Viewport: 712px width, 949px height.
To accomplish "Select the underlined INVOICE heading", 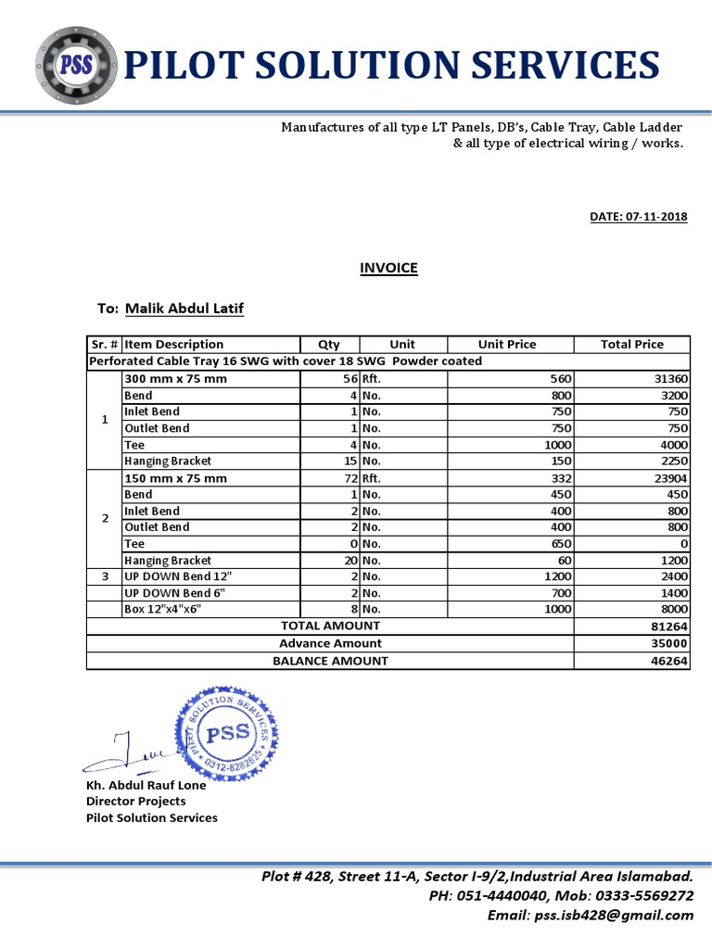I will pos(388,268).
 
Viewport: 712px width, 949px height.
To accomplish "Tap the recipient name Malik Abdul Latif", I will pos(184,308).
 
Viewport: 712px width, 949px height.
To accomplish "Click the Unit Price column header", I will pos(507,344).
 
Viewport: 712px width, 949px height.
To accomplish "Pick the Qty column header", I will pos(329,344).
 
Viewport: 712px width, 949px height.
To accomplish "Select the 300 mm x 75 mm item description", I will pos(175,378).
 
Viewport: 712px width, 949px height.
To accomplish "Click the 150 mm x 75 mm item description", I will pos(175,478).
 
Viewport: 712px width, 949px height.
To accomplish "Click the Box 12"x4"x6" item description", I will pos(162,609).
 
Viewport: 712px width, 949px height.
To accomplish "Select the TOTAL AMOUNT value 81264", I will pos(668,626).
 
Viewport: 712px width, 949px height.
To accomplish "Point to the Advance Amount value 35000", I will pos(668,643).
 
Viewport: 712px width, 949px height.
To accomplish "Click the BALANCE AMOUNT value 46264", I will pos(668,661).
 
